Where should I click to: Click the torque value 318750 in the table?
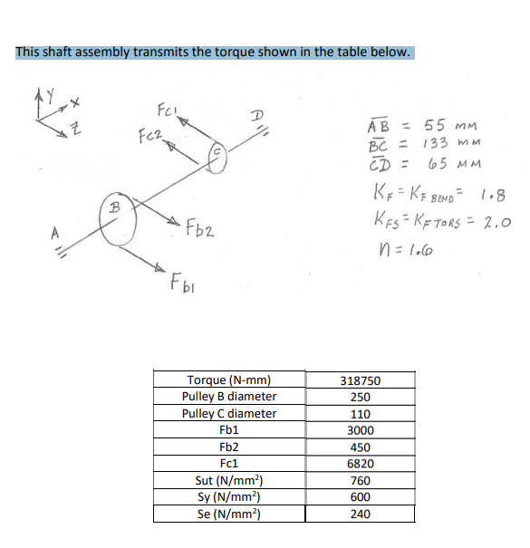359,381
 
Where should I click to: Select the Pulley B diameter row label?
229,397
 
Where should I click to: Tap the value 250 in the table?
359,398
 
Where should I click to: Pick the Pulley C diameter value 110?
359,414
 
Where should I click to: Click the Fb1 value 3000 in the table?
359,430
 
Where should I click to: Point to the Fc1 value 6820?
359,464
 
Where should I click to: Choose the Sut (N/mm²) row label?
229,480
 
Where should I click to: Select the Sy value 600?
359,497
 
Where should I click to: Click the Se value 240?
359,514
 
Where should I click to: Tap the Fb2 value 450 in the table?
359,447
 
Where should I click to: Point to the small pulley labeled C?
224,158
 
